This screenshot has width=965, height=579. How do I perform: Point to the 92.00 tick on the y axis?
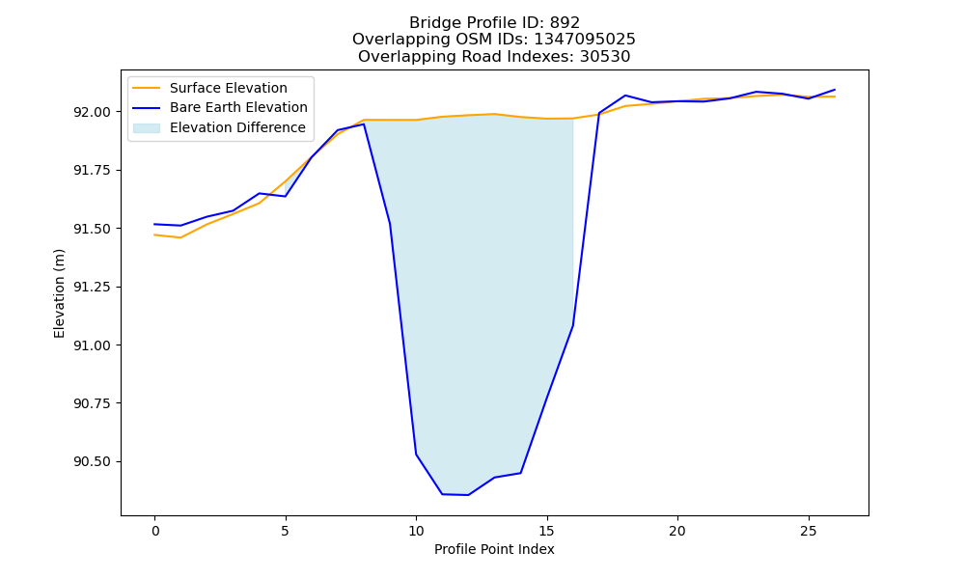coord(93,112)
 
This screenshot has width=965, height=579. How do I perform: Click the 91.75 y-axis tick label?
coord(93,171)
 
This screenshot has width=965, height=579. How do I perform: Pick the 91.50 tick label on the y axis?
coord(93,229)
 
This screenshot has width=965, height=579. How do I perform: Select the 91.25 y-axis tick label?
coord(93,288)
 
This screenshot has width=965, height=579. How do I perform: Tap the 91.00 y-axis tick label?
coord(93,345)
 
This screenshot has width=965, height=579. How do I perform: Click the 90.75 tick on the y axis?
coord(93,403)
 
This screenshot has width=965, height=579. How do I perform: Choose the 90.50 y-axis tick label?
coord(93,462)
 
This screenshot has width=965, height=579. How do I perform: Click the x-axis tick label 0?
coord(155,531)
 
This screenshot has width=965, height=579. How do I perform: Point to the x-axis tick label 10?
coord(416,531)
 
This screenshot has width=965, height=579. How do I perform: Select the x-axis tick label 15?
coord(546,531)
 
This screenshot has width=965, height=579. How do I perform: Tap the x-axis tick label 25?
coord(808,531)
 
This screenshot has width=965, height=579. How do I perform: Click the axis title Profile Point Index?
coord(494,549)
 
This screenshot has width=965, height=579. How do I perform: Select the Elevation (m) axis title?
coord(59,293)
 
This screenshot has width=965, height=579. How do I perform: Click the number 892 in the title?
coord(565,23)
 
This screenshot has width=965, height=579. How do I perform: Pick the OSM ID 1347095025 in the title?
coord(585,40)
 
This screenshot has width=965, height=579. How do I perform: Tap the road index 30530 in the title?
coord(605,57)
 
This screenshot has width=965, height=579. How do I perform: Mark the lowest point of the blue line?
coord(468,495)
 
